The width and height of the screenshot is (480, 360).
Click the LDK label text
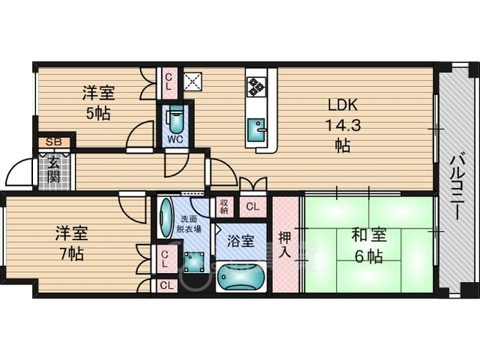(343, 105)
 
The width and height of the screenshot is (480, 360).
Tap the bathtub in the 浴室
(241, 277)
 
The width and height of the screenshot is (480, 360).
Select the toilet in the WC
(175, 121)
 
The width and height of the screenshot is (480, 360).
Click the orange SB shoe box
(54, 142)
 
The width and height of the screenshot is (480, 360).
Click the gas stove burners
(256, 86)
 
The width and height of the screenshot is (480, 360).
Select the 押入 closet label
(285, 244)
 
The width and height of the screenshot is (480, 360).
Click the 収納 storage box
(224, 206)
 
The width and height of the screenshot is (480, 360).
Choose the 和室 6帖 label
(368, 245)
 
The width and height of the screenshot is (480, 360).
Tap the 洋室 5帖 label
(98, 103)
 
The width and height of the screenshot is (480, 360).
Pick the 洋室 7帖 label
(72, 243)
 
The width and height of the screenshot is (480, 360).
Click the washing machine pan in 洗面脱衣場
(194, 262)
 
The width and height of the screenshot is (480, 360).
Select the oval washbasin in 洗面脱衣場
(166, 217)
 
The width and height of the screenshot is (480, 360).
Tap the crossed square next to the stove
(193, 82)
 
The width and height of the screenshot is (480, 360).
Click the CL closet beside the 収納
(253, 207)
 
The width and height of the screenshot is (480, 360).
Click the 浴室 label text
(240, 241)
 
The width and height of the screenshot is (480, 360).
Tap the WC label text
(175, 139)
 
